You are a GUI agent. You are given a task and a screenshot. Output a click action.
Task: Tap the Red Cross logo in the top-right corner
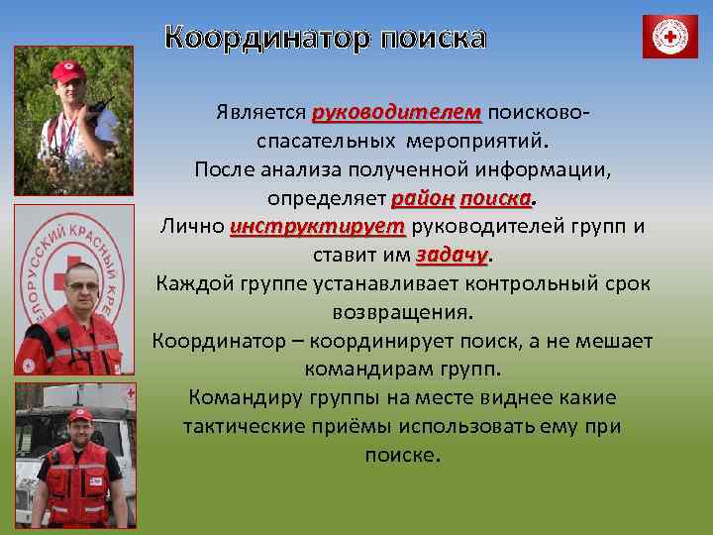pos(670,38)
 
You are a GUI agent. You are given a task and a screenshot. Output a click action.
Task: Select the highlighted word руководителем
pos(397,112)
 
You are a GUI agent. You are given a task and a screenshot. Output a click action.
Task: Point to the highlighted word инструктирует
pos(318,226)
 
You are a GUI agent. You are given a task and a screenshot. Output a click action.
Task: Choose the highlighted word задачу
pos(453,255)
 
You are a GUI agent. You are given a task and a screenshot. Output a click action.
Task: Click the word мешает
pos(613,341)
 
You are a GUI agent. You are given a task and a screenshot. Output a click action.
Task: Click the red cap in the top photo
pos(68,71)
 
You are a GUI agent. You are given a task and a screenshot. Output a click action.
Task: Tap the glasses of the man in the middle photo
pos(80,287)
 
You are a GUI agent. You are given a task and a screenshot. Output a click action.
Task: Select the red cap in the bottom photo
pos(78,413)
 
